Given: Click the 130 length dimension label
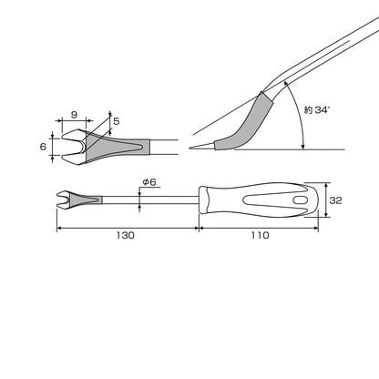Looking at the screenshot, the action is pos(125,235).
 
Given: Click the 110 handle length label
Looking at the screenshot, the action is pos(260,235).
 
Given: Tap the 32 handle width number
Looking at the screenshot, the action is pos(335,200).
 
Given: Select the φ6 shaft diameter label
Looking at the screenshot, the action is pos(149,182).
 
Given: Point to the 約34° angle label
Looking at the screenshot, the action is pos(317,109).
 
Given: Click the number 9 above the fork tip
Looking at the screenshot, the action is pos(74,115).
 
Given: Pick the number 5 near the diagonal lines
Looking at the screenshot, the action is pos(117,121).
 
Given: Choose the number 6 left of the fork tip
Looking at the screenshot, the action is pos(43,147).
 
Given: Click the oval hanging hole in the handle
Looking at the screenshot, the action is pos(301,200).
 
